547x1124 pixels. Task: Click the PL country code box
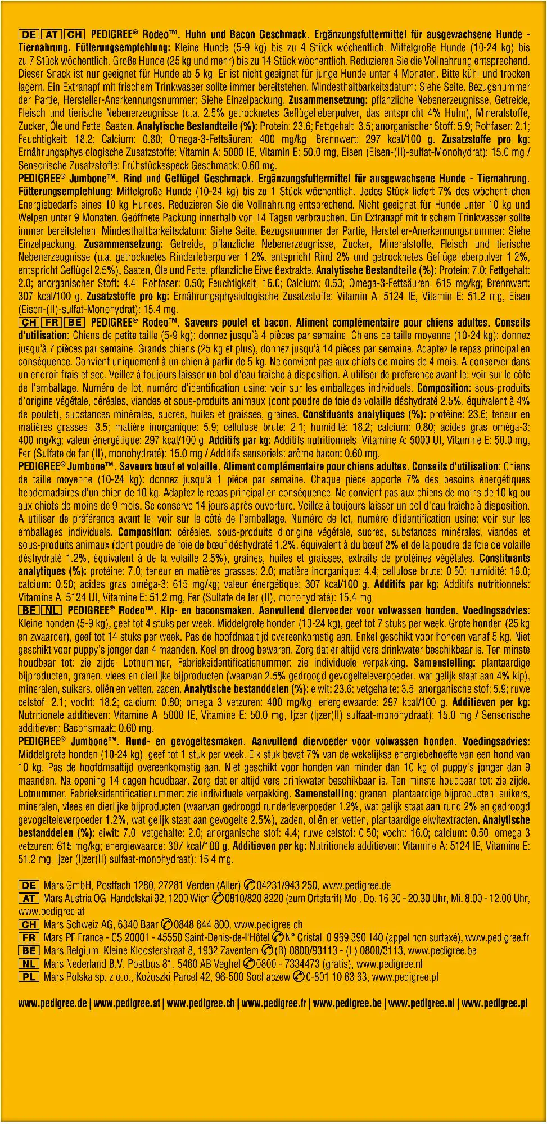29,977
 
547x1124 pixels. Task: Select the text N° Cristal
303,937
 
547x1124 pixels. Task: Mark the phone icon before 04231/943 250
251,885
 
